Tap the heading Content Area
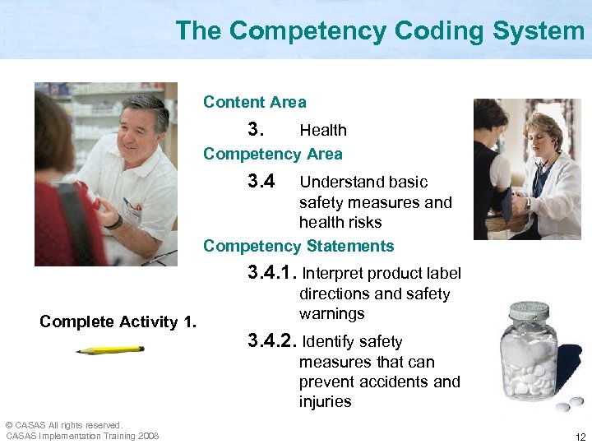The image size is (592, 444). (254, 103)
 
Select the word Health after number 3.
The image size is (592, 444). (323, 130)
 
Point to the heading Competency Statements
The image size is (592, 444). (298, 246)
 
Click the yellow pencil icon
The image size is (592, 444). (109, 350)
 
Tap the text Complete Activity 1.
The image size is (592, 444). (118, 321)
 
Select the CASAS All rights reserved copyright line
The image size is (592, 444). (63, 424)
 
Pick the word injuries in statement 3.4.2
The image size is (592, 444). (325, 402)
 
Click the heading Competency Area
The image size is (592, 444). (273, 154)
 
